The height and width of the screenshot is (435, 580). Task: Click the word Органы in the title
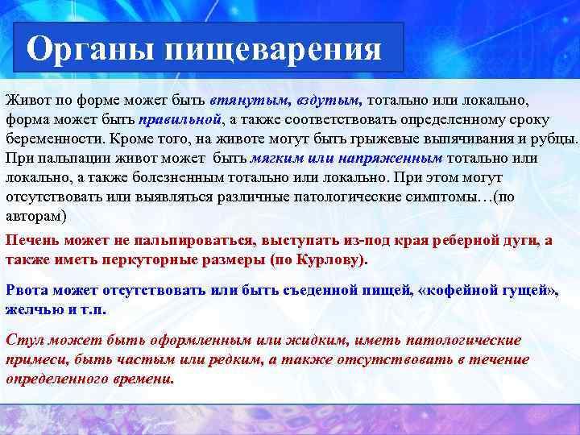[x=89, y=49]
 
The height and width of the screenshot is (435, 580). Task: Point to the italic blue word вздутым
[x=328, y=101]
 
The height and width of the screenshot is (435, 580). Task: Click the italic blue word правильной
[x=179, y=119]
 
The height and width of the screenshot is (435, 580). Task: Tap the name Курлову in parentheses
[x=333, y=259]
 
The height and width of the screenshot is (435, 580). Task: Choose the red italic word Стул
[x=23, y=341]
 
